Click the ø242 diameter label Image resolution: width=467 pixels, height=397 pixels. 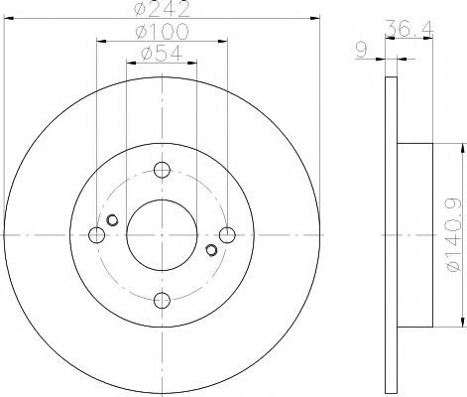point(163,9)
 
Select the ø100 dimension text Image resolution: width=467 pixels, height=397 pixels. point(163,32)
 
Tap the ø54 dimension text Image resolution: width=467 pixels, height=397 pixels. point(162,53)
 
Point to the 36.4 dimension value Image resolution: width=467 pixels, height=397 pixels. point(409,28)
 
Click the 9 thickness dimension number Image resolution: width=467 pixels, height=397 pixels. point(362,51)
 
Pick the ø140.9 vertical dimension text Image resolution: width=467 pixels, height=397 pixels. point(454,234)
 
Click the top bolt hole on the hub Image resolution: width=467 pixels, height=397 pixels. point(162,170)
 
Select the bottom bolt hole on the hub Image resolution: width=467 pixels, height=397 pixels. point(162,301)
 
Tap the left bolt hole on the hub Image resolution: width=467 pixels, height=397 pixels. point(97,235)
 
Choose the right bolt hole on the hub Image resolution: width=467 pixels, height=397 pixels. point(227,235)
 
